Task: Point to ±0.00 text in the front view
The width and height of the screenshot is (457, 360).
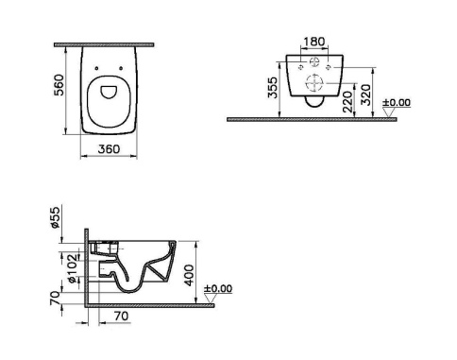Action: (400, 102)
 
